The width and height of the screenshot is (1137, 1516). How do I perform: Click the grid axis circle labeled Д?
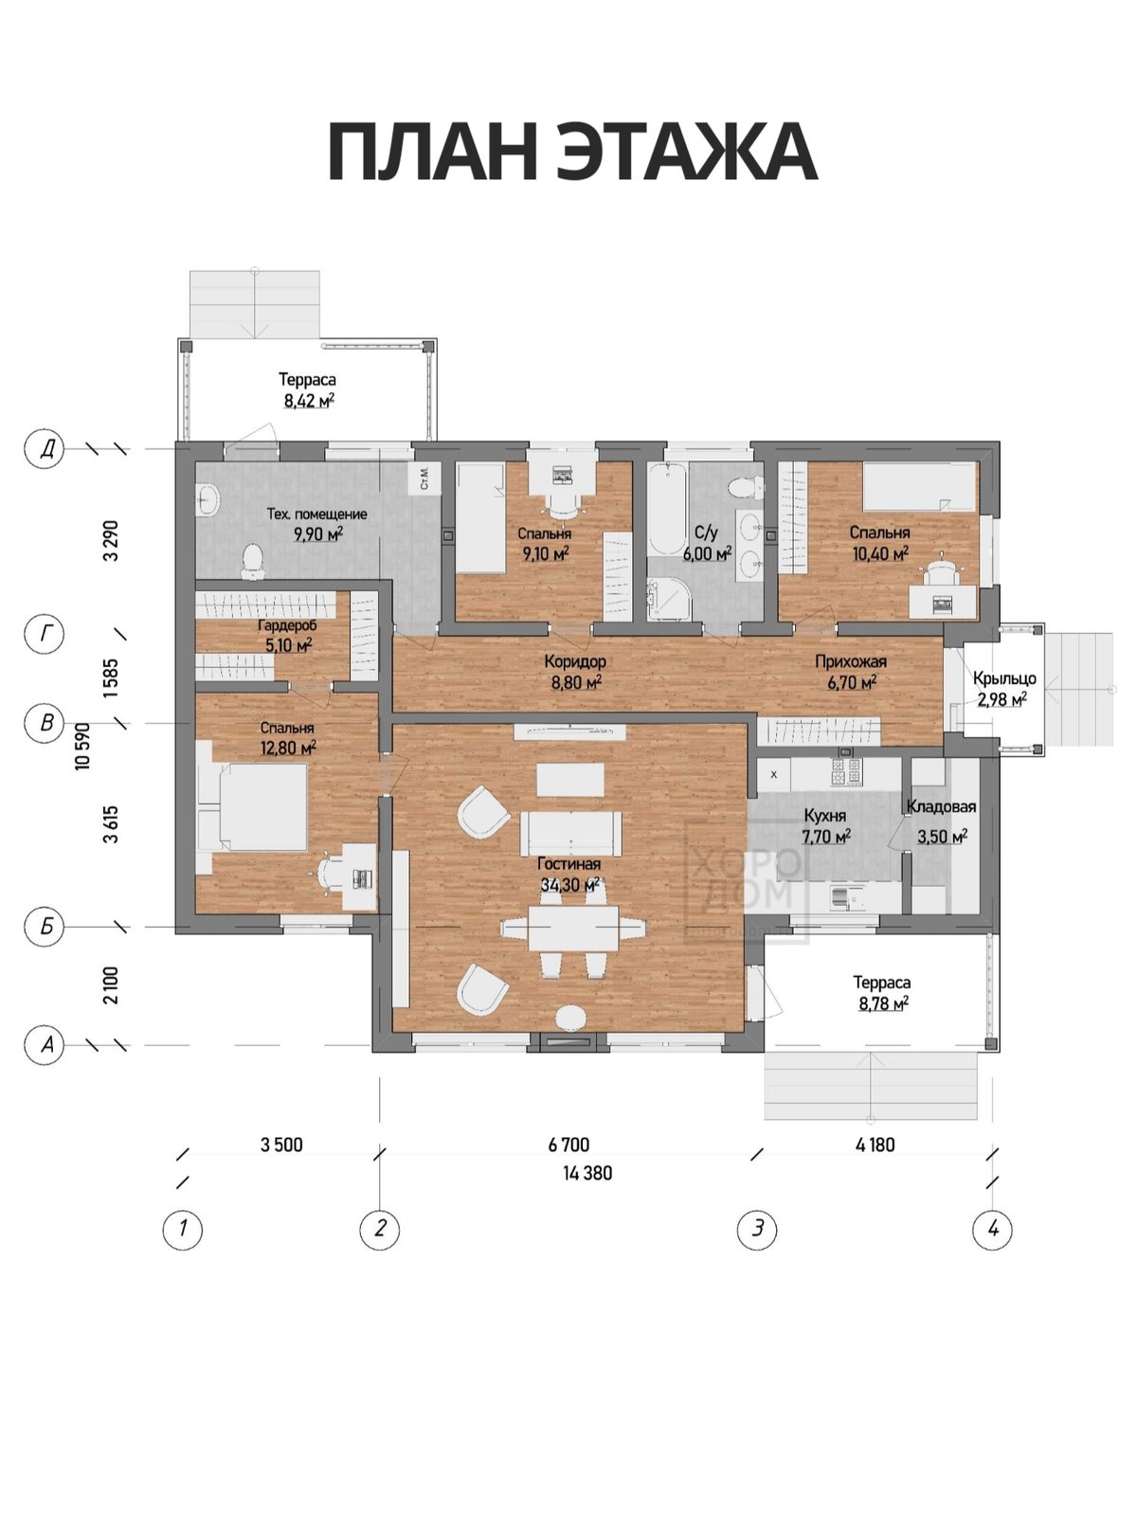click(x=45, y=449)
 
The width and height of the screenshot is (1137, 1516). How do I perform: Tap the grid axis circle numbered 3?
click(x=757, y=1229)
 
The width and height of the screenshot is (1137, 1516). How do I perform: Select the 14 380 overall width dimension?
click(x=587, y=1173)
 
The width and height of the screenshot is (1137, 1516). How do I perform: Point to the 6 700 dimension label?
click(x=568, y=1145)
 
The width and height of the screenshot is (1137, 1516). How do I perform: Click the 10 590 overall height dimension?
click(x=83, y=746)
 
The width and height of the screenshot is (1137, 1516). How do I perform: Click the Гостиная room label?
click(x=568, y=863)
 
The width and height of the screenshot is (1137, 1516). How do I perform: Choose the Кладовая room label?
click(x=941, y=806)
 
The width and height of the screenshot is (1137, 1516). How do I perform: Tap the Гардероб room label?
click(x=287, y=625)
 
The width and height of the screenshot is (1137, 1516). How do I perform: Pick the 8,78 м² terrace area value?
click(x=883, y=1003)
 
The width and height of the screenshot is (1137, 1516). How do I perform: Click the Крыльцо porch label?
click(x=1004, y=678)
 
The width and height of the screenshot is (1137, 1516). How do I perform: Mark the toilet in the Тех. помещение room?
click(x=253, y=561)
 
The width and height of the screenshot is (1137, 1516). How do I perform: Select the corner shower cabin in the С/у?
click(x=669, y=600)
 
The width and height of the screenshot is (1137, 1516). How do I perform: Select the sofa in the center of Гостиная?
click(x=570, y=834)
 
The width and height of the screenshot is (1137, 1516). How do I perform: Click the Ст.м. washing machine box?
click(x=425, y=478)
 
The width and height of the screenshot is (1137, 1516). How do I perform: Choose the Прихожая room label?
click(x=851, y=661)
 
